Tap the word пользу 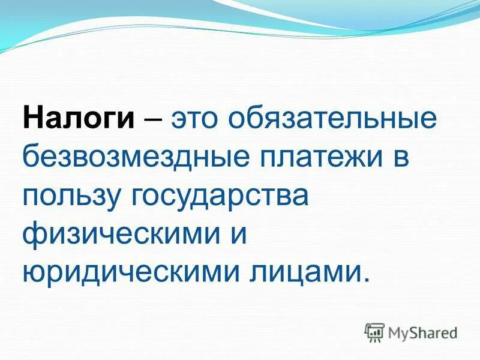71,196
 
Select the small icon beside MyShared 374,331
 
